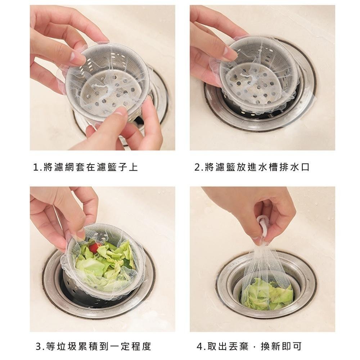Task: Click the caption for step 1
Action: (x=85, y=167)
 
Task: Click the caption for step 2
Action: (x=252, y=167)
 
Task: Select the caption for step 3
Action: (x=93, y=347)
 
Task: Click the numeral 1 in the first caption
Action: (x=35, y=167)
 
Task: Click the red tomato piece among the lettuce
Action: (x=94, y=248)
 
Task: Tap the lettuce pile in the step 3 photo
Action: (x=104, y=263)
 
